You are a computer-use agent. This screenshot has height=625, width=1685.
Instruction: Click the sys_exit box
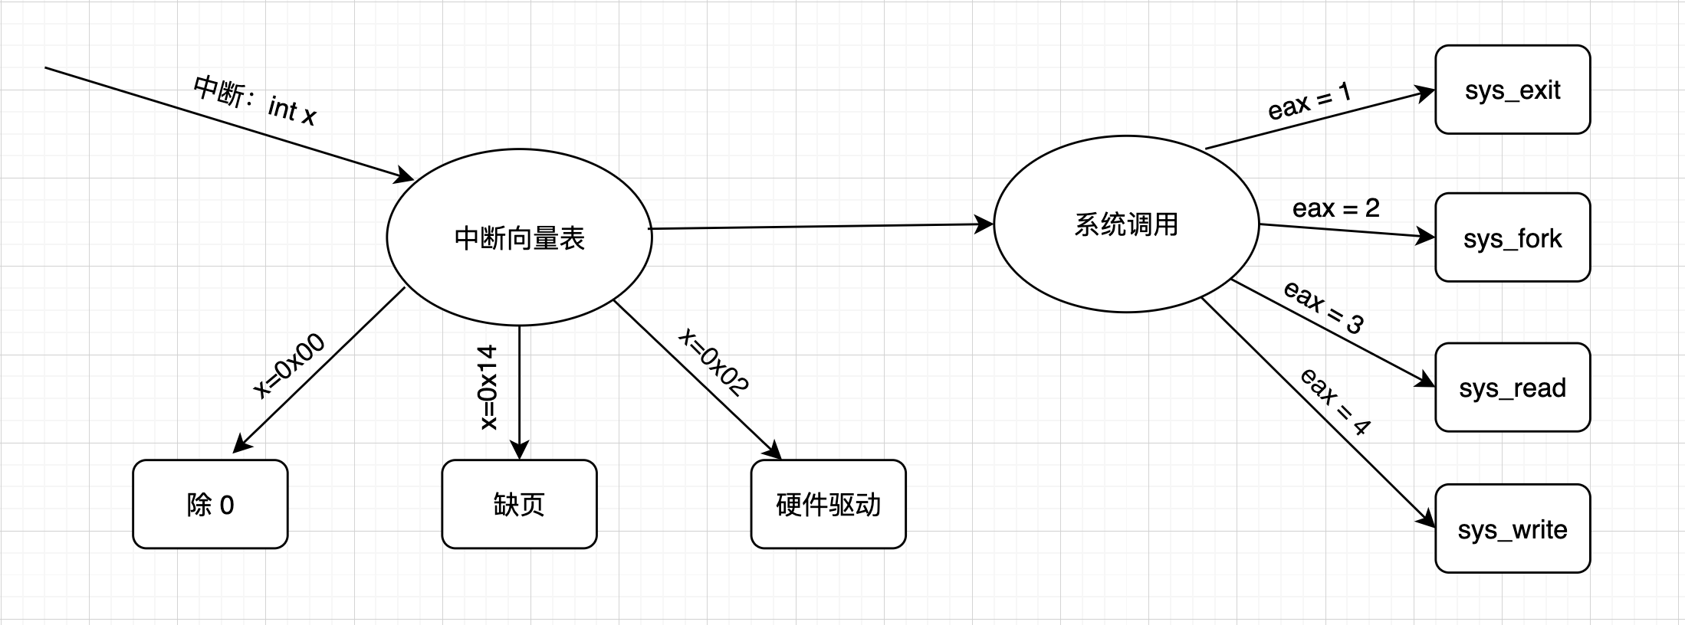[1512, 90]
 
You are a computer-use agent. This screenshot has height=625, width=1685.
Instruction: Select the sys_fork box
[1512, 237]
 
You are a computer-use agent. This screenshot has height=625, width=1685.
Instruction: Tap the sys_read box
[1512, 388]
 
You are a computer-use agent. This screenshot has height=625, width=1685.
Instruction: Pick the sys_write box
[1512, 528]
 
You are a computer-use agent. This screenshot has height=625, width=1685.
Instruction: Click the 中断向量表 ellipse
[519, 238]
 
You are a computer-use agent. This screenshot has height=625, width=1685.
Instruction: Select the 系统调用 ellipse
[1125, 224]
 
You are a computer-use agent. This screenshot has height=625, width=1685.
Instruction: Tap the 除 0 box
[210, 504]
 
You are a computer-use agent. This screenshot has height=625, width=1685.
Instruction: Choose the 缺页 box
[519, 504]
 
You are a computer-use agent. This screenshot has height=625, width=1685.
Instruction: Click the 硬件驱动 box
[828, 504]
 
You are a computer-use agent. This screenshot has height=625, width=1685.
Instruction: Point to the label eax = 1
[1309, 102]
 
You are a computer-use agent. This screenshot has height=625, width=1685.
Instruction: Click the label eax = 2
[1335, 208]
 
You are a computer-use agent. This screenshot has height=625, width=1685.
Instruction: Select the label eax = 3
[1324, 306]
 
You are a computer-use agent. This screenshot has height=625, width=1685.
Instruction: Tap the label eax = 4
[1335, 401]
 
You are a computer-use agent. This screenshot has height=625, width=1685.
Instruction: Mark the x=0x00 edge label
[289, 366]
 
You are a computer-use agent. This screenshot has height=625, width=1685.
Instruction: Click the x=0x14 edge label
[488, 388]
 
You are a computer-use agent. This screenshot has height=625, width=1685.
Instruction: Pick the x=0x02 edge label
[714, 362]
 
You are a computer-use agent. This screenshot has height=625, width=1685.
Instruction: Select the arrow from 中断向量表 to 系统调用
[820, 227]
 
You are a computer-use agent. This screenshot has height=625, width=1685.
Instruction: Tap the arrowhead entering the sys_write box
[1427, 519]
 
